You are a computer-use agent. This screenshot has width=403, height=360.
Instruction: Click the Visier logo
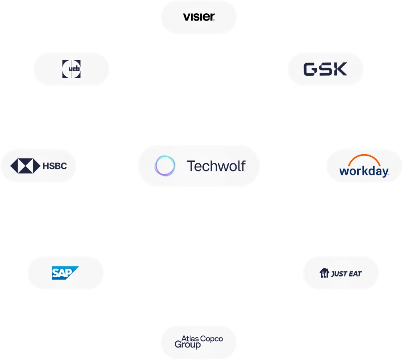pos(199,17)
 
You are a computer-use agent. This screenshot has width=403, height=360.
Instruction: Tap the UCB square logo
pos(71,69)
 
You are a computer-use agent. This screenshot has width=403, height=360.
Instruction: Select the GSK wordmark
pos(325,69)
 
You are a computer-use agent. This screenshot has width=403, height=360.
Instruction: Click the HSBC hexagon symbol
pos(25,165)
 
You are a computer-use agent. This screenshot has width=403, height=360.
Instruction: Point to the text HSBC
pos(55,165)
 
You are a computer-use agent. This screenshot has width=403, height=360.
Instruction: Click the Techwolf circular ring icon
pos(165,166)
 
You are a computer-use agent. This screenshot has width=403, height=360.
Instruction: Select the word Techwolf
pos(216,166)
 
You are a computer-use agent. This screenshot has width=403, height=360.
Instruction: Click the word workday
pos(364,171)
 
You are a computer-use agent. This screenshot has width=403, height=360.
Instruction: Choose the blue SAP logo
pos(65,273)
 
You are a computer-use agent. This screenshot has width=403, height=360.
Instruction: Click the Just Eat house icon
pos(324,273)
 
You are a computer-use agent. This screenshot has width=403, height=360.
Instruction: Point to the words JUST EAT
pos(346,274)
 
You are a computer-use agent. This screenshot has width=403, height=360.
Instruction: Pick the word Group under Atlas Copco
pos(188,344)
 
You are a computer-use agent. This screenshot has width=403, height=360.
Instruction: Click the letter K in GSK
pos(340,69)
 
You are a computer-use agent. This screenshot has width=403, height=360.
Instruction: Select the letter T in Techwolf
pos(191,166)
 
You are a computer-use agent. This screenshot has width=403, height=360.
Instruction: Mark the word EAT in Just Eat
pos(355,274)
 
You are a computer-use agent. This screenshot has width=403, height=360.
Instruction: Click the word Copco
pos(211,339)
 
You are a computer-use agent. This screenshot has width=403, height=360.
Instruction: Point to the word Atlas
pos(190,338)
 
